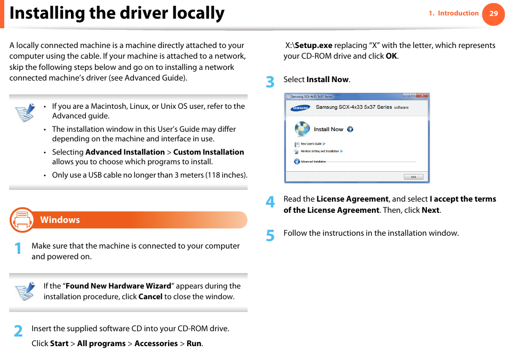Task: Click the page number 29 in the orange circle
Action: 494,14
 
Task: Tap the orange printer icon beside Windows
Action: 22,220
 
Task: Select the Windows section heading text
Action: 60,220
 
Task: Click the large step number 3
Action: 270,82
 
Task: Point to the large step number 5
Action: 270,235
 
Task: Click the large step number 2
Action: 18,331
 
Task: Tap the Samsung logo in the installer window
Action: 300,108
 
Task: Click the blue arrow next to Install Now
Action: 350,129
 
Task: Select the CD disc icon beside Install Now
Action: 302,129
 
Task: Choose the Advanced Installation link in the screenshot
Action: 313,161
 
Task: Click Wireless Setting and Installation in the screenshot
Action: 320,151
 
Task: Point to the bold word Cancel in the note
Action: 150,297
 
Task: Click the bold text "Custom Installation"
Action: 209,152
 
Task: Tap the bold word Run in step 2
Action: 194,343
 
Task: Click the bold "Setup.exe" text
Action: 313,45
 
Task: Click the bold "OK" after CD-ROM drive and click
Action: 391,56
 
